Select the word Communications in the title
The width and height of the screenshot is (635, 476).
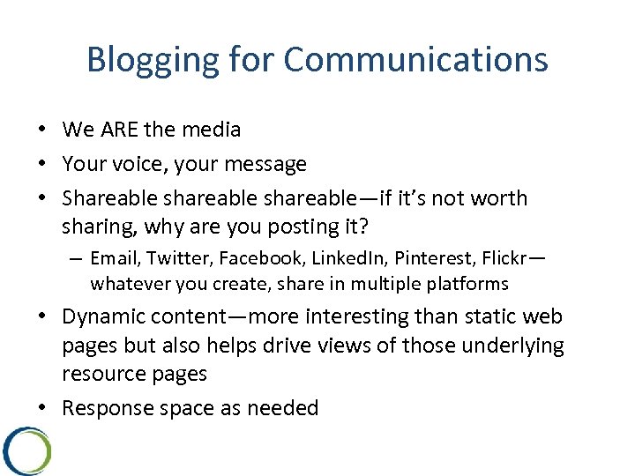[415, 60]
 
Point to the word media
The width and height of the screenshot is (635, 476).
[211, 130]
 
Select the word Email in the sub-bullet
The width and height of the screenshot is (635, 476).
[116, 258]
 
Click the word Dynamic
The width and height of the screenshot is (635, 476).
[105, 316]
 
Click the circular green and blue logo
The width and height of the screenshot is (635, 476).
[26, 450]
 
